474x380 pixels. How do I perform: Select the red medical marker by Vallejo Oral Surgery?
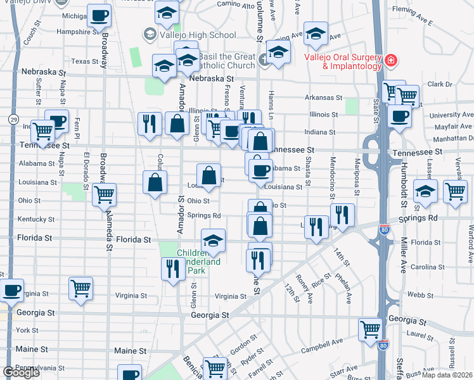tap(391, 60)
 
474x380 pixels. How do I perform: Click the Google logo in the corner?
tap(21, 372)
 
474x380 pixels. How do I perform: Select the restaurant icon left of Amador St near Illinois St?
tap(150, 122)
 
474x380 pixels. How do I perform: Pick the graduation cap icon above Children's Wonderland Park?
tap(214, 239)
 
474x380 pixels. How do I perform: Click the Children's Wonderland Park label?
tap(199, 261)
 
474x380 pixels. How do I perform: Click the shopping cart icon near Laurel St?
tap(370, 328)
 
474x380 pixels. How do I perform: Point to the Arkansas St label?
tap(323, 98)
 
